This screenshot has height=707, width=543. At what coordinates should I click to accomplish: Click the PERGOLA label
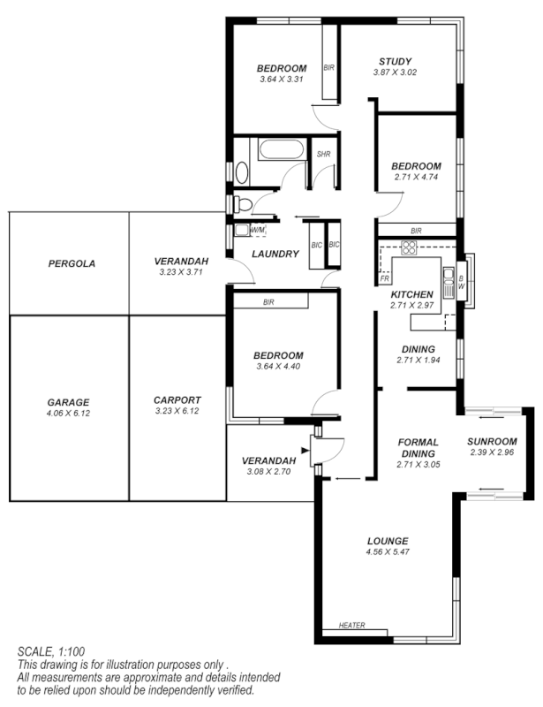(x=72, y=263)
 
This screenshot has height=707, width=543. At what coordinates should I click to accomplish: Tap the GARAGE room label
(x=68, y=402)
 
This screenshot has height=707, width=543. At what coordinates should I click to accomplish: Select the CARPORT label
(x=177, y=399)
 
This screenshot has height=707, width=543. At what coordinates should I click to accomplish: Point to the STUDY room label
(x=394, y=61)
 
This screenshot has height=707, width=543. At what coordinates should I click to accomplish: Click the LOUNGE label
(x=388, y=541)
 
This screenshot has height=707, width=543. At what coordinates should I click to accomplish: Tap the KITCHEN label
(x=411, y=294)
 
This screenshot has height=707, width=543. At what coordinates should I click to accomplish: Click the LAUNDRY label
(x=275, y=255)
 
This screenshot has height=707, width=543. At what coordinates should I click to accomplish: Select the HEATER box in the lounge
(x=352, y=627)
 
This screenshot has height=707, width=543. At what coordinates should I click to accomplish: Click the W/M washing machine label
(x=258, y=231)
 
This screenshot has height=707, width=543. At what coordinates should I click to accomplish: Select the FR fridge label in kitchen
(x=385, y=277)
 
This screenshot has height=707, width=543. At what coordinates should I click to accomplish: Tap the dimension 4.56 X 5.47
(x=388, y=552)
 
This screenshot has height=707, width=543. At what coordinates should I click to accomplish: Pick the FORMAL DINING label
(x=419, y=448)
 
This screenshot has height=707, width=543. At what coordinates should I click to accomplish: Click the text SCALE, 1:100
(x=50, y=651)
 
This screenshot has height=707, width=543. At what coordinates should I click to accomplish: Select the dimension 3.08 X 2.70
(x=268, y=471)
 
